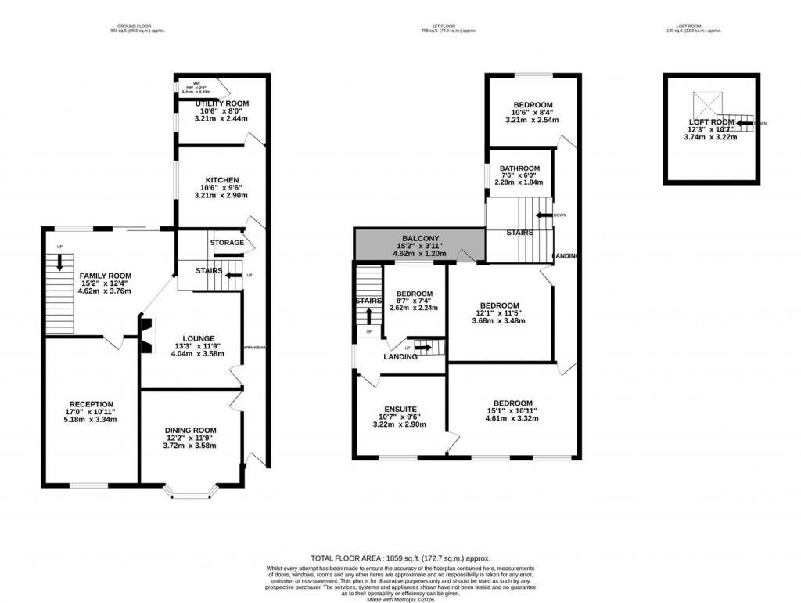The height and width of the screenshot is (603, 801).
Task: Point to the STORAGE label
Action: coord(227,243)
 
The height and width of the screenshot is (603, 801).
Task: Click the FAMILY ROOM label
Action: coord(104,276)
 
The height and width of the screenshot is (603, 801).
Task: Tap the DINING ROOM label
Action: coord(190,431)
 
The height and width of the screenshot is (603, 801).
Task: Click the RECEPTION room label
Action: coord(91,404)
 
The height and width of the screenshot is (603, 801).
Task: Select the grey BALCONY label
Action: coord(420,238)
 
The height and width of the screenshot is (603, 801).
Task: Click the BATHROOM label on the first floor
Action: coord(519,168)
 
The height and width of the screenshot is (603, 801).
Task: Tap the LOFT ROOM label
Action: coord(710,122)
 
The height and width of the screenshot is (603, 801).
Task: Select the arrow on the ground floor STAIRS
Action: coord(232,276)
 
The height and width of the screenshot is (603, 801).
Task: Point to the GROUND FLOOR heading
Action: coord(138,27)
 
